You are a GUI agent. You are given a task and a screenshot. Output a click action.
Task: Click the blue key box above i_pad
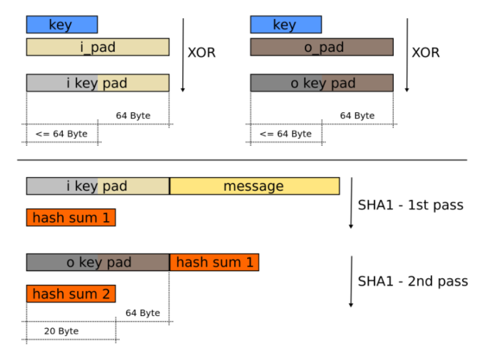pyautogui.click(x=62, y=25)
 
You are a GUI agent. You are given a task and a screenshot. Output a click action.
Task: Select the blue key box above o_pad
pyautogui.click(x=285, y=25)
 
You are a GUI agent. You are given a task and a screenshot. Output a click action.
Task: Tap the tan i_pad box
pyautogui.click(x=97, y=47)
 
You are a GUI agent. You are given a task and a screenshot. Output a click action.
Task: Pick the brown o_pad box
pyautogui.click(x=322, y=47)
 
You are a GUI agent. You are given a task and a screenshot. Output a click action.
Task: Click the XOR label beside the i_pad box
pyautogui.click(x=201, y=53)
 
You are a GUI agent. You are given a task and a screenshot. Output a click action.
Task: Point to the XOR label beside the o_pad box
pyautogui.click(x=426, y=53)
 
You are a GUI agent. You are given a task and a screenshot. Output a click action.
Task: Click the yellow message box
pyautogui.click(x=254, y=186)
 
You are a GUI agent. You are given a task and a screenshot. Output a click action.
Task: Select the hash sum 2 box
pyautogui.click(x=71, y=294)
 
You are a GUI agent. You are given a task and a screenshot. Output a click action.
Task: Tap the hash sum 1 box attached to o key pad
pyautogui.click(x=214, y=262)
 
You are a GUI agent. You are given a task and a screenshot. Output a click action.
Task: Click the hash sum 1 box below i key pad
pyautogui.click(x=71, y=217)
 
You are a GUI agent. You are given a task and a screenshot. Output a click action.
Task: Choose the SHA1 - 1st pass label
pyautogui.click(x=411, y=205)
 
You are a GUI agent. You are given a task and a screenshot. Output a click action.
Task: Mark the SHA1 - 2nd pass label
pyautogui.click(x=413, y=282)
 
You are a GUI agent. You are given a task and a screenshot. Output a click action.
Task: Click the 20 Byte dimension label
pyautogui.click(x=61, y=331)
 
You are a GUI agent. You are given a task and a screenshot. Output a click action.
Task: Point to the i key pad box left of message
pyautogui.click(x=97, y=186)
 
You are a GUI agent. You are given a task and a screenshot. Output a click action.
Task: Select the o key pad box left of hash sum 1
pyautogui.click(x=97, y=262)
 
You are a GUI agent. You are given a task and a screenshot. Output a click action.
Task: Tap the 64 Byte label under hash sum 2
pyautogui.click(x=143, y=313)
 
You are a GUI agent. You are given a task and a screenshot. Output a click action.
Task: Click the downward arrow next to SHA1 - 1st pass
pyautogui.click(x=351, y=202)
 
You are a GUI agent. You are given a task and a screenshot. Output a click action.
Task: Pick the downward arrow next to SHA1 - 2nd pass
pyautogui.click(x=351, y=280)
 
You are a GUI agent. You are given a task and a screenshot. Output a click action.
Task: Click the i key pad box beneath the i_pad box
pyautogui.click(x=97, y=83)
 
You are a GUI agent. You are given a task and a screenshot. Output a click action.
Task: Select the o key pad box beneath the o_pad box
pyautogui.click(x=322, y=83)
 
